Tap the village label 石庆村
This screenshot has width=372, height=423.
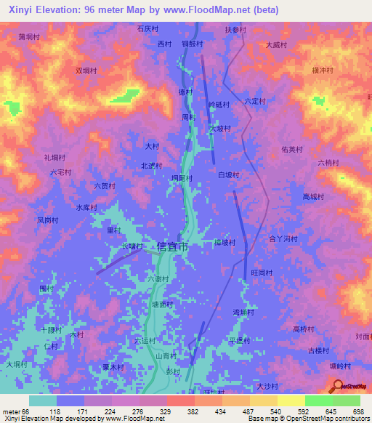click(x=147, y=29)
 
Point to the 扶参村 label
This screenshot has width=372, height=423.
click(x=235, y=30)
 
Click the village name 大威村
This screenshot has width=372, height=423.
click(x=276, y=44)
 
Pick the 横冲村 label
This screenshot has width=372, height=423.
click(x=322, y=70)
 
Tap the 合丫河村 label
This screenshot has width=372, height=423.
click(x=284, y=238)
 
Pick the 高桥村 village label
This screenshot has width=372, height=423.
click(x=303, y=329)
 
